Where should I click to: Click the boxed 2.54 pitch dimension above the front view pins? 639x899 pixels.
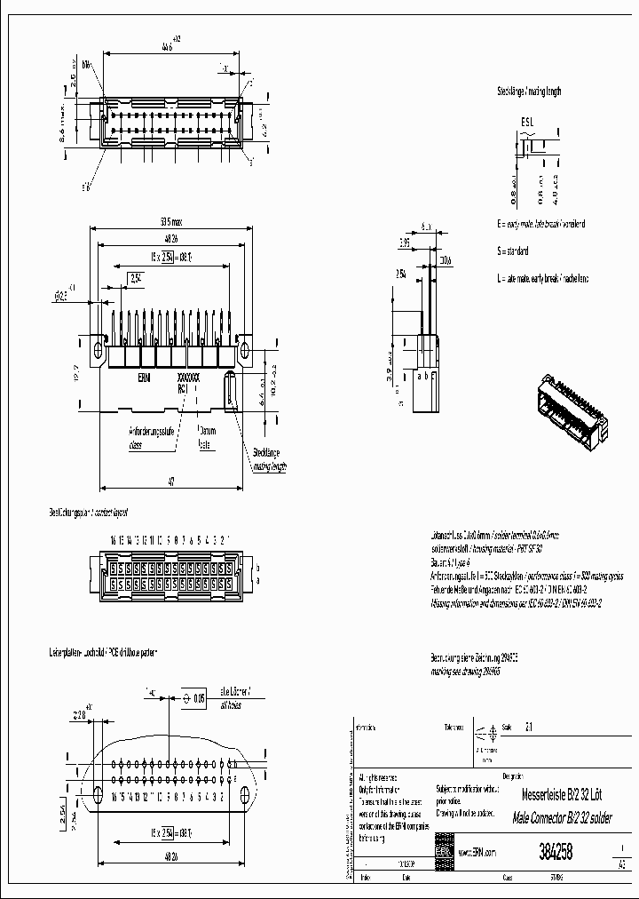point(137,278)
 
